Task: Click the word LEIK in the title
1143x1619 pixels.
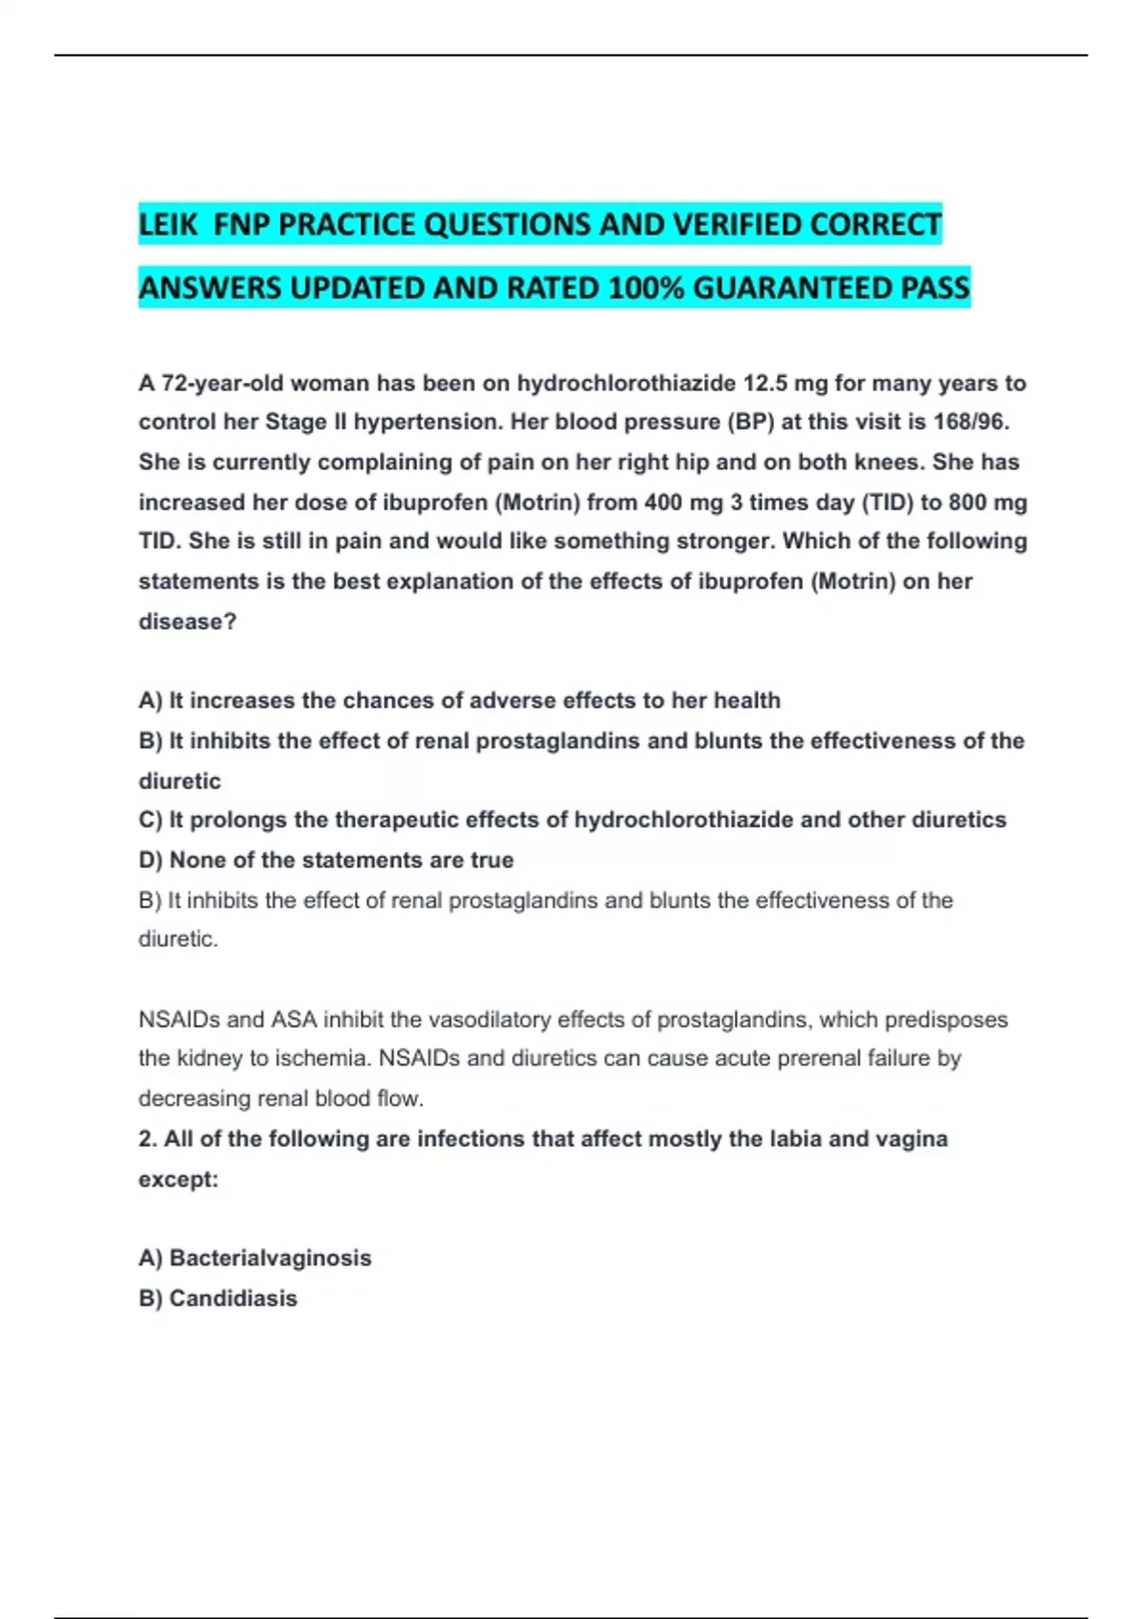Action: (168, 225)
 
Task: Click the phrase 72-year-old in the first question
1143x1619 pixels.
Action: (222, 384)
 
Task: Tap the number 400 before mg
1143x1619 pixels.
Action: (663, 502)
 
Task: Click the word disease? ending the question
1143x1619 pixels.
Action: (188, 622)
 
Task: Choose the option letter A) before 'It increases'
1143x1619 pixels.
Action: (150, 701)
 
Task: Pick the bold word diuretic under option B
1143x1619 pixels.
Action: (180, 781)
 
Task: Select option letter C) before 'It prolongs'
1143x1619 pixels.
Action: (150, 820)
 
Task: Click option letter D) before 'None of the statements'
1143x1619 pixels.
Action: (150, 860)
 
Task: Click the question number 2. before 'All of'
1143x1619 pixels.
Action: (148, 1139)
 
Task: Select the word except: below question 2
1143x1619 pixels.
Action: (178, 1179)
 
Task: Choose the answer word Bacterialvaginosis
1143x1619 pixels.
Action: (271, 1258)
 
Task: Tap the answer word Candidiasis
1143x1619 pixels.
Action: (233, 1298)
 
